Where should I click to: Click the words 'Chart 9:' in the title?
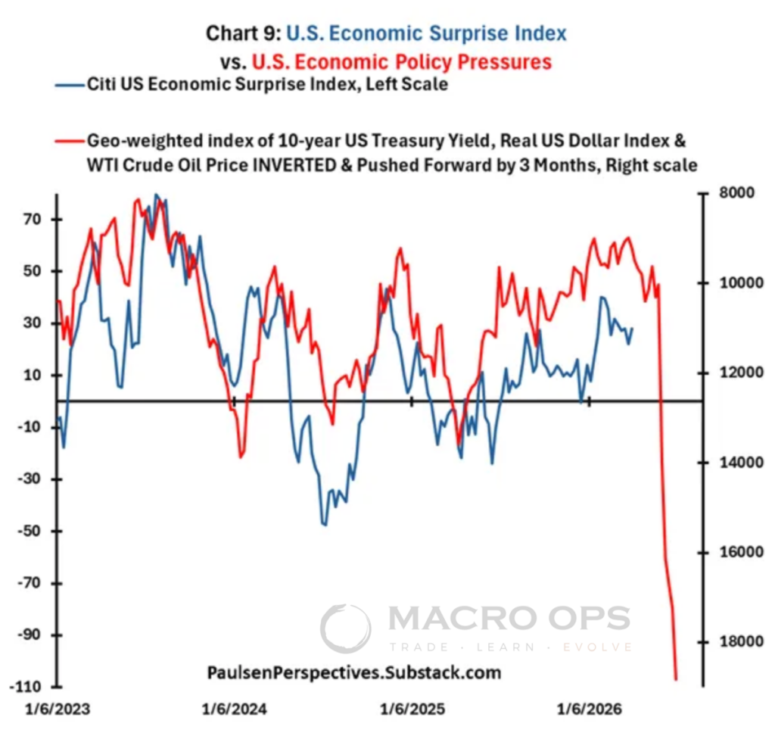point(241,33)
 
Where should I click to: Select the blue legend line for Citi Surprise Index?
point(69,85)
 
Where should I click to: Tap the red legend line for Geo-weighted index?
point(69,141)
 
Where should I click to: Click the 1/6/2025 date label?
point(412,710)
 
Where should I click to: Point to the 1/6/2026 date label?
point(590,710)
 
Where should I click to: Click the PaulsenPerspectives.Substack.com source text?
point(353,672)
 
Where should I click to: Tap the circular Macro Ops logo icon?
point(346,628)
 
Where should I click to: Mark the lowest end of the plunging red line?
point(676,679)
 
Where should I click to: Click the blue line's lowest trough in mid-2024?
point(325,525)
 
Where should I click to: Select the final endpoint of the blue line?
point(632,328)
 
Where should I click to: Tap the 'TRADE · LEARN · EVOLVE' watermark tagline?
point(510,647)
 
